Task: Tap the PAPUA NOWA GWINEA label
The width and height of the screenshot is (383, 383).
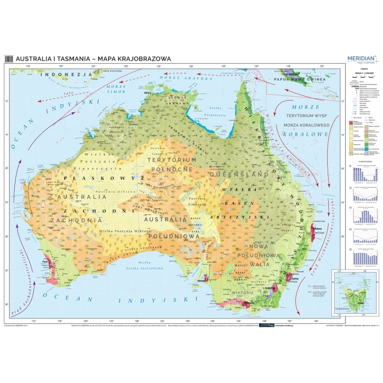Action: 299,79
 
